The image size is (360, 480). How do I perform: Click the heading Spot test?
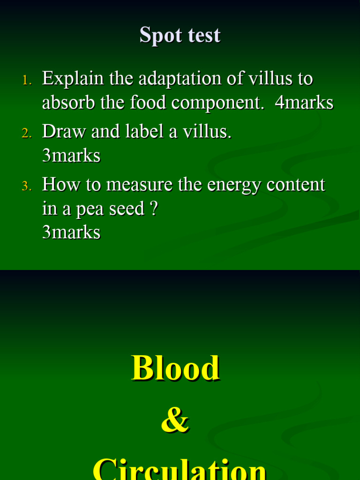point(180,36)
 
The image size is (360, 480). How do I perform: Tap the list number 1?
point(27,81)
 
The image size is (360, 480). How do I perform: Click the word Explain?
point(73,79)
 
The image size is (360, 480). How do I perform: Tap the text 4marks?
point(304,103)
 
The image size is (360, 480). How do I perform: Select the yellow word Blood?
point(175,368)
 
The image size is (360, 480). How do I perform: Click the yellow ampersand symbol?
point(175,420)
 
